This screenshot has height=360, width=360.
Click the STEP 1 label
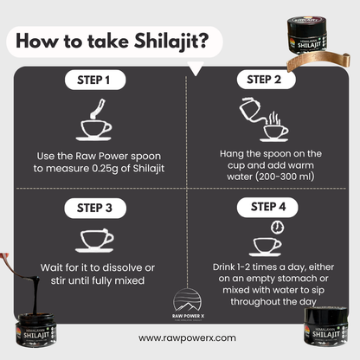coord(94,81)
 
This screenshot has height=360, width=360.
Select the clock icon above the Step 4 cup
coord(275,226)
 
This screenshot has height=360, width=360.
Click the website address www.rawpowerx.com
coord(181,339)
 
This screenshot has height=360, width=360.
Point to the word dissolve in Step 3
coord(137,267)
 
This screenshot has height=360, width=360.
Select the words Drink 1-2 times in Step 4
coord(235,267)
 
